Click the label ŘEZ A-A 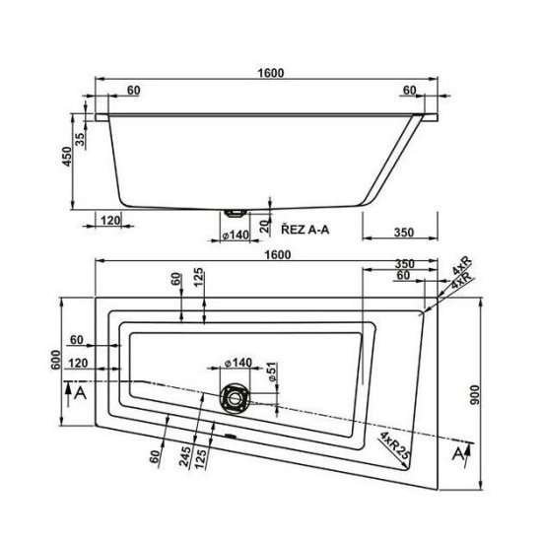point(305,230)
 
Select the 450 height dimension point(67,157)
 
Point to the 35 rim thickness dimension point(80,139)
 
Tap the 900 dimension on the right point(475,395)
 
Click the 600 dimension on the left point(55,360)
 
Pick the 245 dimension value point(185,456)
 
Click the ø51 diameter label point(272,372)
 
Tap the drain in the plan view point(235,398)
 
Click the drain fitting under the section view point(236,213)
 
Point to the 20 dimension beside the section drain point(264,226)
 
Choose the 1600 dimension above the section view point(271,73)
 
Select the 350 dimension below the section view point(404,232)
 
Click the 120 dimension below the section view point(110,220)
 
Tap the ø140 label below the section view point(237,235)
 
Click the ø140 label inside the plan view point(238,363)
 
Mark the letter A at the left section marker point(80,392)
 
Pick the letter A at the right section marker point(458,453)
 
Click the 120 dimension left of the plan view point(78,363)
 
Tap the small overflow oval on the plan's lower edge point(231,436)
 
